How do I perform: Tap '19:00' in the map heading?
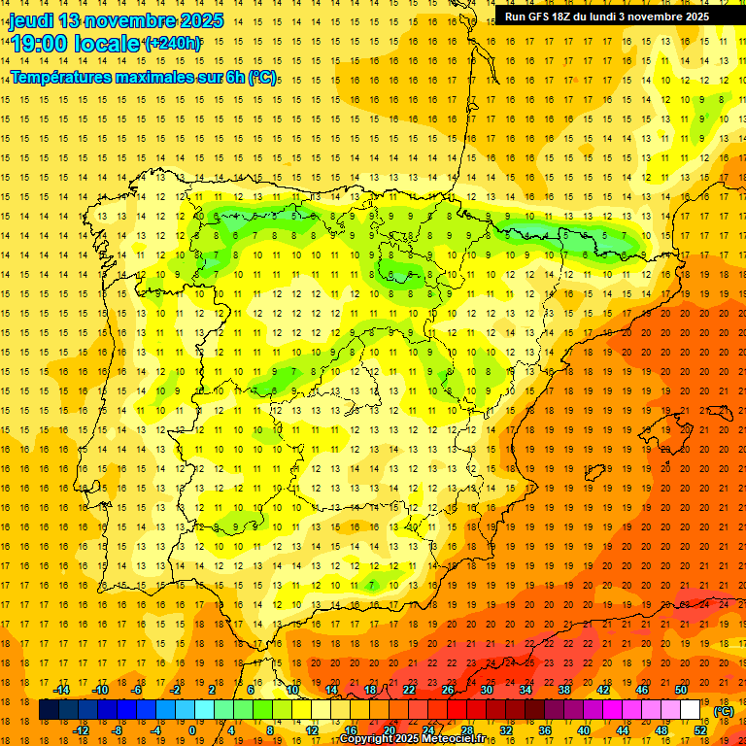click(39, 44)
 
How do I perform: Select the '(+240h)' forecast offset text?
click(173, 44)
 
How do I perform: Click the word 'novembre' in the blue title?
click(127, 20)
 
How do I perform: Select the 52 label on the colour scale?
click(700, 730)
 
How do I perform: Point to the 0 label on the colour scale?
click(192, 730)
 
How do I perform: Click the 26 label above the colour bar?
click(448, 690)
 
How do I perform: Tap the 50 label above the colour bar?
click(681, 690)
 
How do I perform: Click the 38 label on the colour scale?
click(564, 690)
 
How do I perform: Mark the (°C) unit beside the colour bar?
click(724, 711)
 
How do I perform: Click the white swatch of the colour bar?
click(691, 710)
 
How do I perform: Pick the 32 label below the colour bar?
click(506, 730)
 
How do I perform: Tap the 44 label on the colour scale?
click(623, 730)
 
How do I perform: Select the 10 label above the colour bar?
click(292, 690)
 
